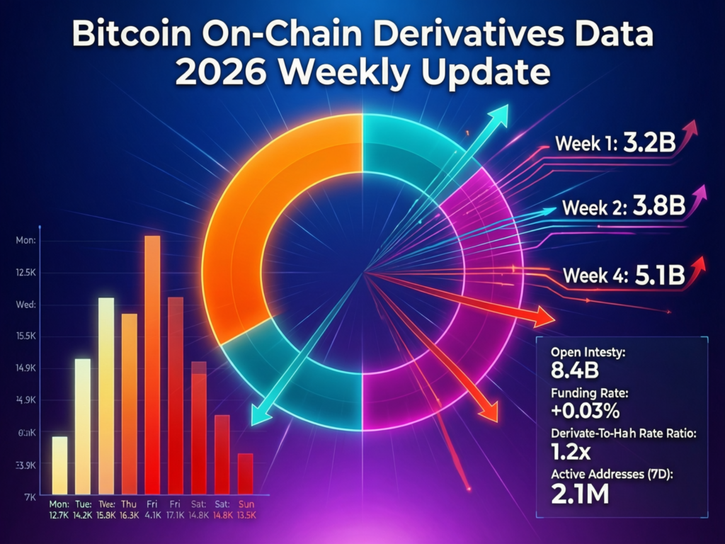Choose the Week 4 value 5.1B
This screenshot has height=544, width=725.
click(x=658, y=275)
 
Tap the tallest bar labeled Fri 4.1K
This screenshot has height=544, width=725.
click(x=152, y=365)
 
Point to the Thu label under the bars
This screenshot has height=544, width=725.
click(x=130, y=504)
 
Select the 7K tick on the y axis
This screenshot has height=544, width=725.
click(x=30, y=497)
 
